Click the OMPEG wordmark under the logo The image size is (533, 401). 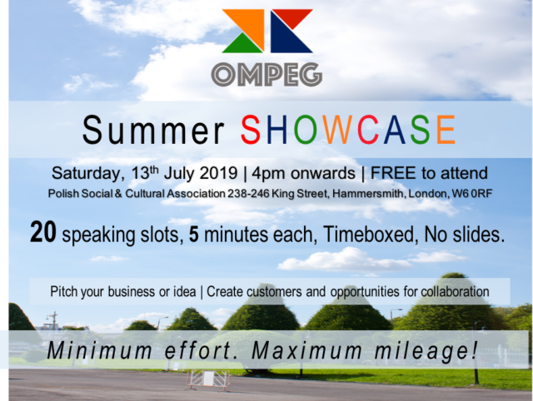[266, 74]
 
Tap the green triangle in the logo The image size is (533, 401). [242, 44]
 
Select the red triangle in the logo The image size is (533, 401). [292, 17]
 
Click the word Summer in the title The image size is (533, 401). [153, 130]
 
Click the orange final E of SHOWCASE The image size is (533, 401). [446, 130]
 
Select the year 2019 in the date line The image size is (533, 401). [218, 173]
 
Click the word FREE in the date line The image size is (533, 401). [394, 173]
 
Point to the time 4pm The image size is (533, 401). [269, 174]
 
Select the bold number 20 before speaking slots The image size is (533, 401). [42, 232]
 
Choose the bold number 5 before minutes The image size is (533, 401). [194, 235]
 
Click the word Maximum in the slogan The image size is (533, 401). [306, 351]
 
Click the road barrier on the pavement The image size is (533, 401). [207, 379]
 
